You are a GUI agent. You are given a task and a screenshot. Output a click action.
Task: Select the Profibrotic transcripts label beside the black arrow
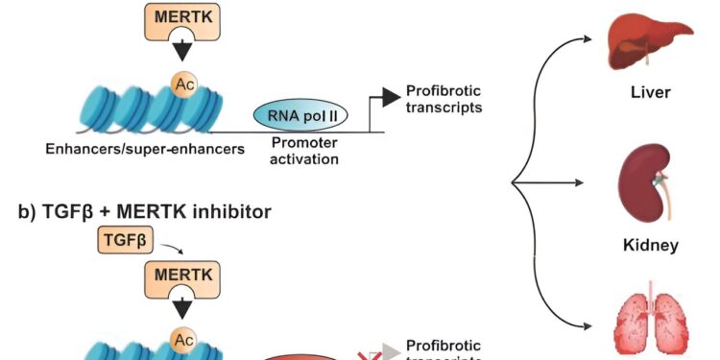pos(443,99)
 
